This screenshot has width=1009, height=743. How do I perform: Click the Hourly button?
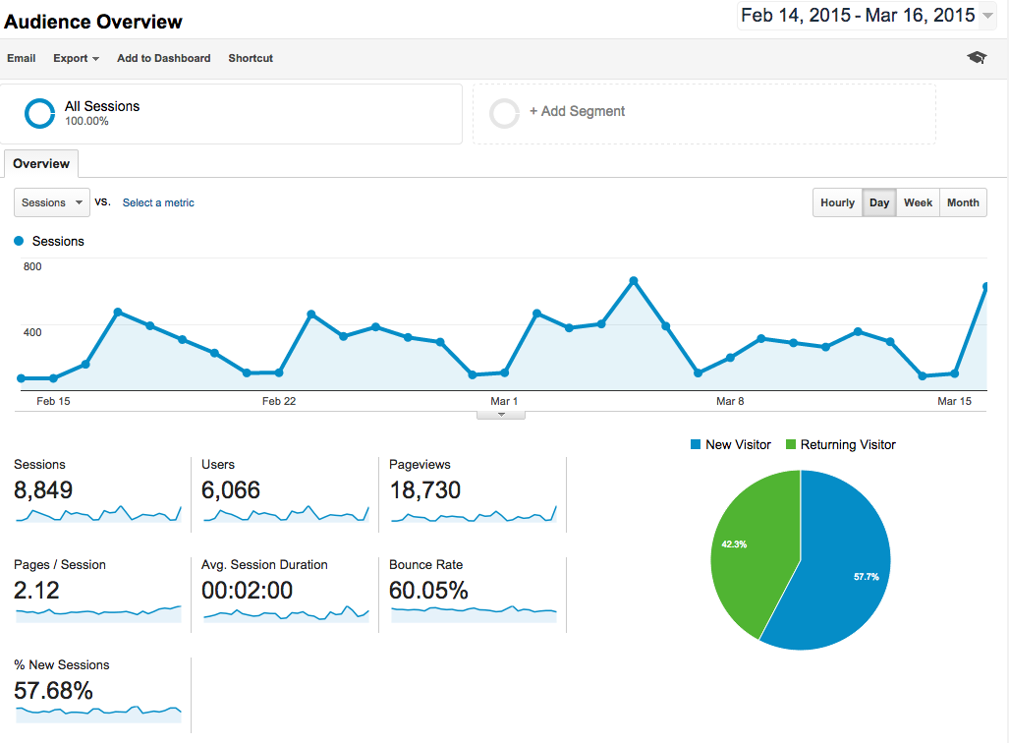coord(837,202)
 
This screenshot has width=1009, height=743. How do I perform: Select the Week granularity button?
coord(918,202)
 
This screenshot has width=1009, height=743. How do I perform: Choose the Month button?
coord(963,202)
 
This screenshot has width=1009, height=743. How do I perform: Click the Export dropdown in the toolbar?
coord(76,58)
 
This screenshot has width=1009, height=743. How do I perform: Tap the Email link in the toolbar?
coord(22,58)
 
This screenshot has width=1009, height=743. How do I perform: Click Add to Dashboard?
coord(163,58)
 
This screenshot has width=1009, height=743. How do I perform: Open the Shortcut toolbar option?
coord(251,58)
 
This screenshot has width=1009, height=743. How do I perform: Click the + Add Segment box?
coord(703,113)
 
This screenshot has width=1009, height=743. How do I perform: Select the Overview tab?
coord(41,164)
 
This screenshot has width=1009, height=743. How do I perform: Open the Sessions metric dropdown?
coord(52,202)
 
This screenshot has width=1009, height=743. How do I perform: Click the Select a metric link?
coord(158,202)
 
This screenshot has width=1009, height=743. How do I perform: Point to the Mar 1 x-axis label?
coord(504,401)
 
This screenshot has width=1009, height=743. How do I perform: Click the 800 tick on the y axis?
coord(32,266)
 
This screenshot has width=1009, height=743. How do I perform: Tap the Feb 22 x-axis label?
coord(279,401)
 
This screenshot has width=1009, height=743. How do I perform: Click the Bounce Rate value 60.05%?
coord(428,590)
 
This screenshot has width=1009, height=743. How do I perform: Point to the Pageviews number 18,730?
coord(425,489)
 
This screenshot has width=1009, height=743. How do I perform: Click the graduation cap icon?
coord(976,58)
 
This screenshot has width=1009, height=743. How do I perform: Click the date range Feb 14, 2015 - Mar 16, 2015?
coord(858,15)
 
